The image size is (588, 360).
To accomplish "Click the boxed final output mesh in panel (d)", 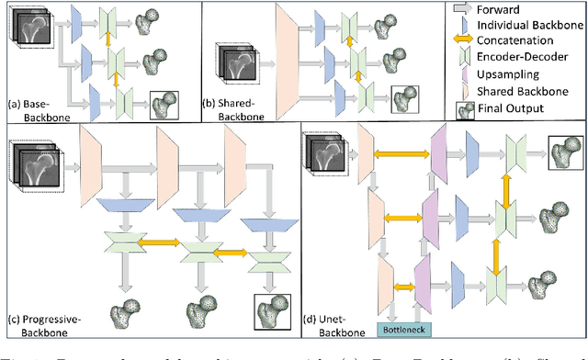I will [560, 148].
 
